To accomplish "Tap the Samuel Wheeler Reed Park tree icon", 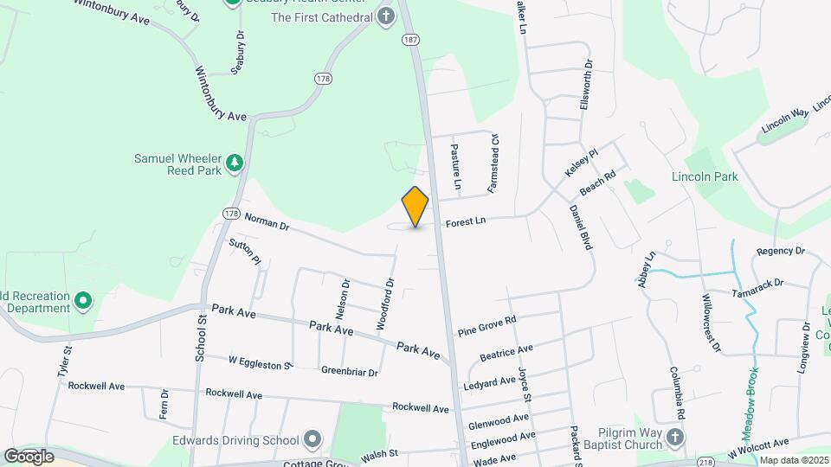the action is coord(234,163).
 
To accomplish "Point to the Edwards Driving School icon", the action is coord(312,439).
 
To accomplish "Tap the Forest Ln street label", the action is coord(466,221).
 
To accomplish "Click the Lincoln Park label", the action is coord(705,176).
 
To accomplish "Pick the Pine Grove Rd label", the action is coord(486,325).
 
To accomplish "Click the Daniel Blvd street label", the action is coord(580,227).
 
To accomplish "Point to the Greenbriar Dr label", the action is coord(350,373).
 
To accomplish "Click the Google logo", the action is coord(29,456).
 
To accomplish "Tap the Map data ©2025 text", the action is coord(794,460).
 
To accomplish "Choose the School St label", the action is coord(201,337).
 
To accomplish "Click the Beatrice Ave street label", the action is coord(506,355).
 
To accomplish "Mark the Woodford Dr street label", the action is coord(385,303).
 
